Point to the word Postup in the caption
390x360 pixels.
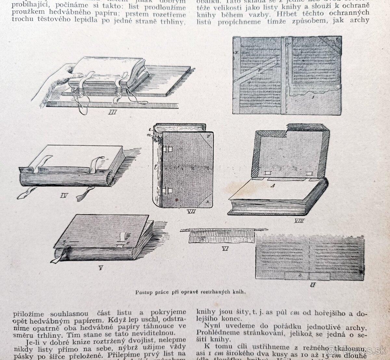point(143,291)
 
